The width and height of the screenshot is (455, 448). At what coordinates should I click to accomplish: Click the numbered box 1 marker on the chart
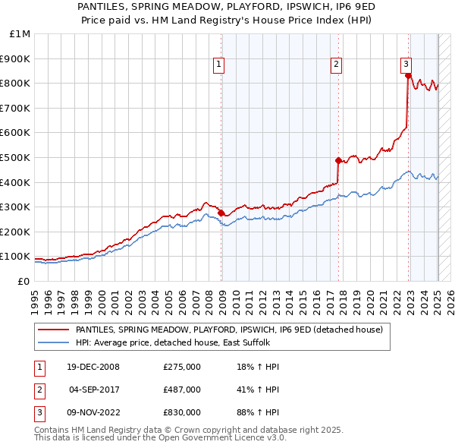click(218, 65)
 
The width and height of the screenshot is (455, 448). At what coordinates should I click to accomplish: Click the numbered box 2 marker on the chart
click(335, 65)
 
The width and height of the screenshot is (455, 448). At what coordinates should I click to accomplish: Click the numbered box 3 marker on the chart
click(406, 65)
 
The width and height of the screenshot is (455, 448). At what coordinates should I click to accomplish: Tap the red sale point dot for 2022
click(408, 75)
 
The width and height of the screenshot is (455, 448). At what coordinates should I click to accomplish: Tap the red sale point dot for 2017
click(338, 160)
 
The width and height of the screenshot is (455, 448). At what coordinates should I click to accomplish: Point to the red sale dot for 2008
click(221, 213)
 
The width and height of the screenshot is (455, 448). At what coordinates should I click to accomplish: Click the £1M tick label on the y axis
click(20, 33)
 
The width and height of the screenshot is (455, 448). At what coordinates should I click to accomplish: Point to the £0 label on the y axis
click(24, 281)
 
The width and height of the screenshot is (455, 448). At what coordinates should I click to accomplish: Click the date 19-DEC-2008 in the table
click(93, 367)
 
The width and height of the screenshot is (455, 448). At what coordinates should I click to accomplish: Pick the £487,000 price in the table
click(182, 390)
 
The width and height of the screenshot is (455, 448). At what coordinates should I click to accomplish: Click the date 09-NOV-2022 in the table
click(93, 412)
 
